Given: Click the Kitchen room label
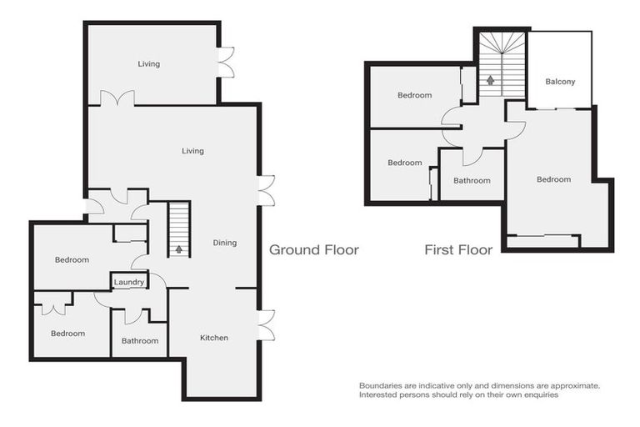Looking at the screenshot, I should click(x=213, y=338).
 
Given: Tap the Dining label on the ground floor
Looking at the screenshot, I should click(x=225, y=243).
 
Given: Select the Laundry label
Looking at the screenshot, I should click(x=130, y=283).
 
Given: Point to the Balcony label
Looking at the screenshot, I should click(x=560, y=82).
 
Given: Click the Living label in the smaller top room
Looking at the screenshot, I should click(x=149, y=64).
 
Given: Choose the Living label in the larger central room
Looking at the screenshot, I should click(x=193, y=151).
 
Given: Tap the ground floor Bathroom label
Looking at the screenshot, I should click(x=139, y=340).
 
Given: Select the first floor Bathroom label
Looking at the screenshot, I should click(x=472, y=180).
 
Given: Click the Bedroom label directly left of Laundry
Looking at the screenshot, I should click(x=72, y=259).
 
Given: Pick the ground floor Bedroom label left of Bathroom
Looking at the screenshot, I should click(x=67, y=334).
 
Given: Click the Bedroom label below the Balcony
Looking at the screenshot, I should click(x=553, y=179).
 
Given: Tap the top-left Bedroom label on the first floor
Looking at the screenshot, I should click(x=414, y=95).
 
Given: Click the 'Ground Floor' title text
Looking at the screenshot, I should click(x=313, y=249).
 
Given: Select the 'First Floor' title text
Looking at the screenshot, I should click(x=457, y=249).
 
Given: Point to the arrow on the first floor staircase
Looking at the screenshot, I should click(x=491, y=80).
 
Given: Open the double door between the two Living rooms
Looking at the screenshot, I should click(x=117, y=98).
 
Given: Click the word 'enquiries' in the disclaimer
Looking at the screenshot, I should click(x=537, y=394).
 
